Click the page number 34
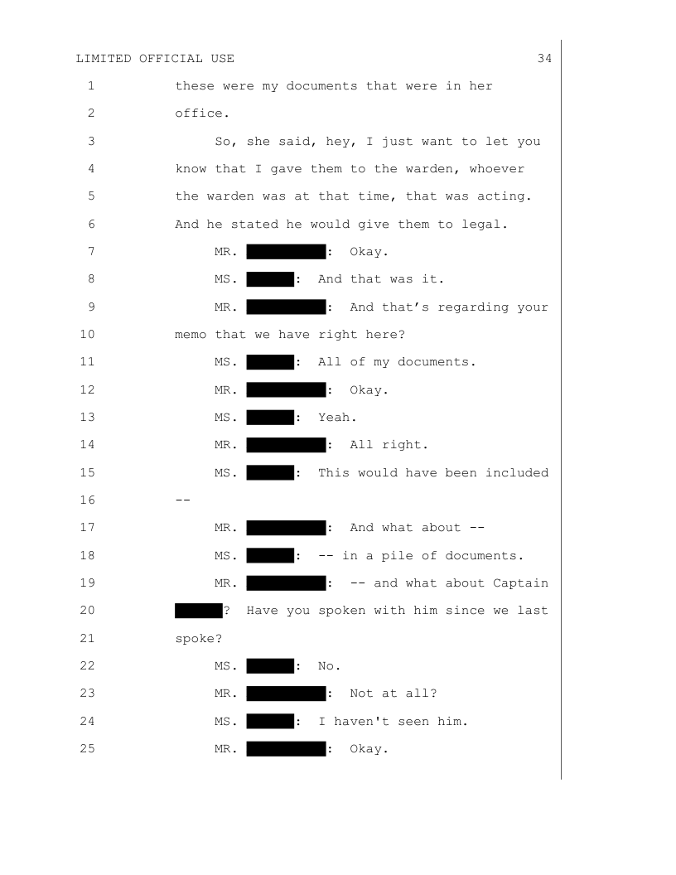[544, 58]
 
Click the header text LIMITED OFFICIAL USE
[155, 58]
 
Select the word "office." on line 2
[199, 113]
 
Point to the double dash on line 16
[183, 500]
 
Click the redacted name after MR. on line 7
[286, 251]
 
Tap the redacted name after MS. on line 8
[270, 278]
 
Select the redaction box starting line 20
[199, 611]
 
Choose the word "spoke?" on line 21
[199, 638]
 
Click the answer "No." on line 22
[330, 665]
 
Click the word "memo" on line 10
[191, 335]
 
